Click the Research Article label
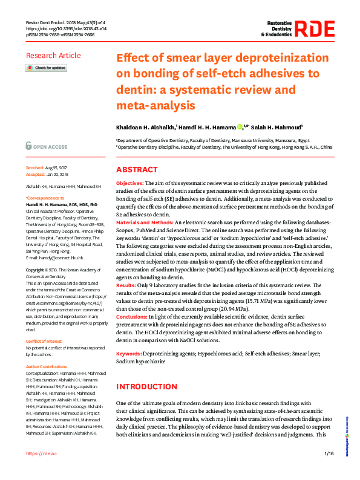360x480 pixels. pyautogui.click(x=53, y=56)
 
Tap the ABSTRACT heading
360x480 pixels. pyautogui.click(x=137, y=170)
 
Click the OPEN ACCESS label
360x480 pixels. pyautogui.click(x=50, y=147)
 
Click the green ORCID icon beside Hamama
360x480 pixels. pyautogui.click(x=240, y=126)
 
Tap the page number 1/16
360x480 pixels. pyautogui.click(x=329, y=453)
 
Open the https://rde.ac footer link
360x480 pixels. pyautogui.click(x=42, y=453)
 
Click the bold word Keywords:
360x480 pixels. pyautogui.click(x=129, y=353)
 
